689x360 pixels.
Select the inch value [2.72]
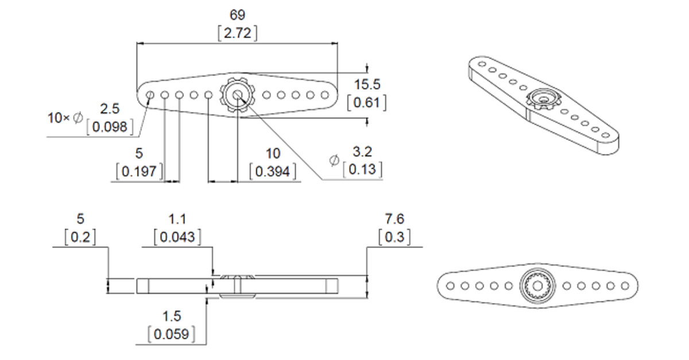pyautogui.click(x=237, y=33)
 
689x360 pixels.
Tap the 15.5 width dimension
pyautogui.click(x=367, y=85)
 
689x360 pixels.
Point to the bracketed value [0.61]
pyautogui.click(x=367, y=103)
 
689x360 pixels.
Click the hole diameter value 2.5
pyautogui.click(x=110, y=109)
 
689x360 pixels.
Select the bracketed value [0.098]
pyautogui.click(x=110, y=127)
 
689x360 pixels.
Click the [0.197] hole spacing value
pyautogui.click(x=140, y=171)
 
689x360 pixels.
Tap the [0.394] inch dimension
pyautogui.click(x=273, y=171)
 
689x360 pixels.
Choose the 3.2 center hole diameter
pyautogui.click(x=362, y=152)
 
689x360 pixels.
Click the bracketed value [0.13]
pyautogui.click(x=362, y=170)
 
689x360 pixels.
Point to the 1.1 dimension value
pyautogui.click(x=177, y=219)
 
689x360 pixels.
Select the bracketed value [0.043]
pyautogui.click(x=177, y=237)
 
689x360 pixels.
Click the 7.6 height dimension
pyautogui.click(x=394, y=219)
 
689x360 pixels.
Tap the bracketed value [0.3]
pyautogui.click(x=394, y=237)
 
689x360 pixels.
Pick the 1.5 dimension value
pyautogui.click(x=171, y=316)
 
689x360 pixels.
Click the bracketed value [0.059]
pyautogui.click(x=171, y=334)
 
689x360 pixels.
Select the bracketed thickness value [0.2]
pyautogui.click(x=80, y=237)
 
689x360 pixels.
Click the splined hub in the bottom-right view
pyautogui.click(x=537, y=285)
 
